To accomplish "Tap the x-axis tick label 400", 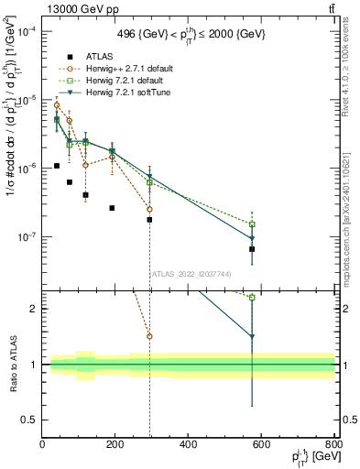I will pyautogui.click(x=188, y=443).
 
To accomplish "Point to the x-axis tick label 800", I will pyautogui.click(x=333, y=443).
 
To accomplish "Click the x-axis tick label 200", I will pyautogui.click(x=115, y=443).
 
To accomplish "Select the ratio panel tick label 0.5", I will pyautogui.click(x=31, y=420).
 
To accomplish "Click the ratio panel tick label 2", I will pyautogui.click(x=35, y=309).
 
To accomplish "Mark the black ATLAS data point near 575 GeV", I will pyautogui.click(x=252, y=249).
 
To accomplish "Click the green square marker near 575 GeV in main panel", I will pyautogui.click(x=252, y=224).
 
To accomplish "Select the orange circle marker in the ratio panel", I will pyautogui.click(x=149, y=336).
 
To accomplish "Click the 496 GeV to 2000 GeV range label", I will pyautogui.click(x=190, y=33).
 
